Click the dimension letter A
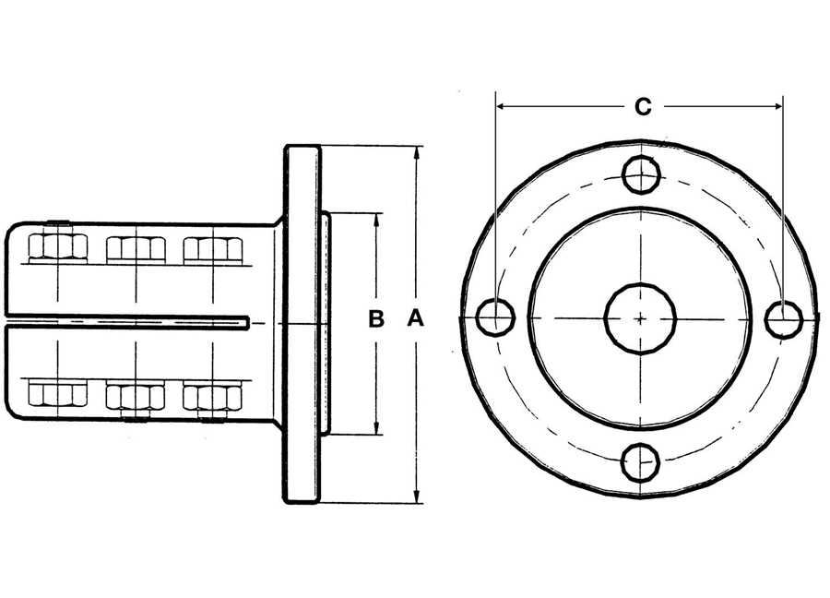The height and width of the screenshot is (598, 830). tap(416, 319)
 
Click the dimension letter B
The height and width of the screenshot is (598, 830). tap(376, 319)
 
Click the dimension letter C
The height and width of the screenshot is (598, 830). tap(643, 107)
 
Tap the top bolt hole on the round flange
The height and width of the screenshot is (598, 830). tap(642, 174)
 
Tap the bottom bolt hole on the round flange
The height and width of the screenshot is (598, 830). tap(641, 461)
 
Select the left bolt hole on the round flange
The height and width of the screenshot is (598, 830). tap(495, 317)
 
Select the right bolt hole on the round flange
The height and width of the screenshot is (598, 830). tap(785, 318)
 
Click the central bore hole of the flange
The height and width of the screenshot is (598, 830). tap(641, 318)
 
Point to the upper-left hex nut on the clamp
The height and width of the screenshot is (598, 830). tap(58, 248)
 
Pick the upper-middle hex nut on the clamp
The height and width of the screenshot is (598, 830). tap(136, 249)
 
